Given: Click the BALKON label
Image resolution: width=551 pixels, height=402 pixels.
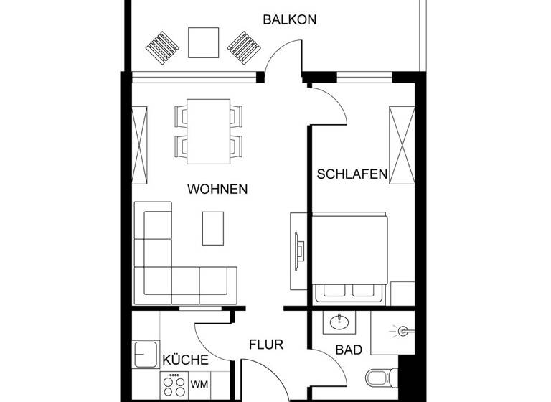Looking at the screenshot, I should pyautogui.click(x=289, y=19).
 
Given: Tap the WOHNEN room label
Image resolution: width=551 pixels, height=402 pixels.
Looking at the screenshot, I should pyautogui.click(x=217, y=190).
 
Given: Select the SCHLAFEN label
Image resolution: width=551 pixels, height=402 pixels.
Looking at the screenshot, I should pyautogui.click(x=352, y=174).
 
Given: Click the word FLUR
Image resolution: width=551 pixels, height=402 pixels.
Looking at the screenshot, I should pyautogui.click(x=266, y=345).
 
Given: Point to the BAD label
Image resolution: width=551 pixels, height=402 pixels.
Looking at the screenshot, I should pyautogui.click(x=349, y=350).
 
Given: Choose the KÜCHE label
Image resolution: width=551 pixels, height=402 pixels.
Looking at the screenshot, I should pyautogui.click(x=185, y=360).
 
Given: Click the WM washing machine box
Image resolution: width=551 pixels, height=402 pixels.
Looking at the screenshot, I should pyautogui.click(x=199, y=384).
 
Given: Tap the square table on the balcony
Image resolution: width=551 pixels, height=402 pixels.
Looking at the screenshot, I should pyautogui.click(x=204, y=42).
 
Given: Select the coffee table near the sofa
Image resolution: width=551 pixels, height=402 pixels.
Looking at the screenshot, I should pyautogui.click(x=214, y=228).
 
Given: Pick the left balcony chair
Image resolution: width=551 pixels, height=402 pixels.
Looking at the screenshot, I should pyautogui.click(x=162, y=47).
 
